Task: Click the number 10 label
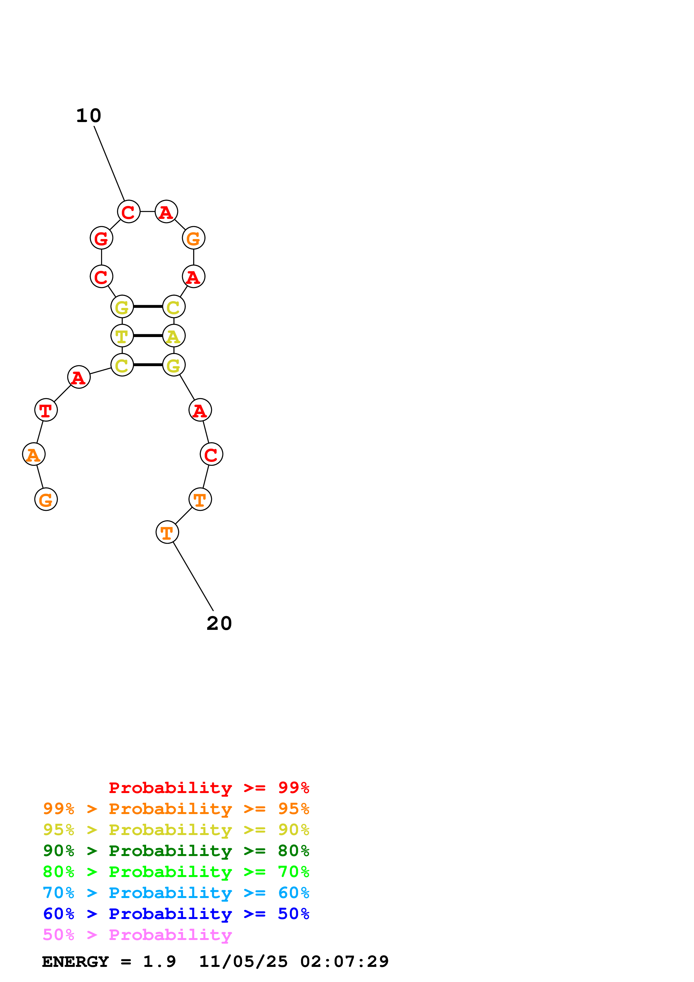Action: (x=88, y=116)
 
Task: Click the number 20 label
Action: (x=219, y=624)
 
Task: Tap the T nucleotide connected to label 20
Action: (x=167, y=532)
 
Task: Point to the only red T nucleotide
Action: (x=46, y=410)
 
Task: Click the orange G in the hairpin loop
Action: (x=194, y=238)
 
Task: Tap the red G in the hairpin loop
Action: (x=101, y=238)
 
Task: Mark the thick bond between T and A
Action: (x=148, y=336)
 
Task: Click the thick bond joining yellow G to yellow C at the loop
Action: (x=148, y=307)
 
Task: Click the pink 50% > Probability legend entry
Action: (x=137, y=934)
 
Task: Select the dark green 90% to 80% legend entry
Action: (x=176, y=851)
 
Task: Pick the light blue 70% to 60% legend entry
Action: (x=176, y=893)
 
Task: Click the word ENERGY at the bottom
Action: (x=75, y=962)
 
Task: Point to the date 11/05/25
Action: (x=243, y=962)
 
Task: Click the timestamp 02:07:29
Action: (x=344, y=962)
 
